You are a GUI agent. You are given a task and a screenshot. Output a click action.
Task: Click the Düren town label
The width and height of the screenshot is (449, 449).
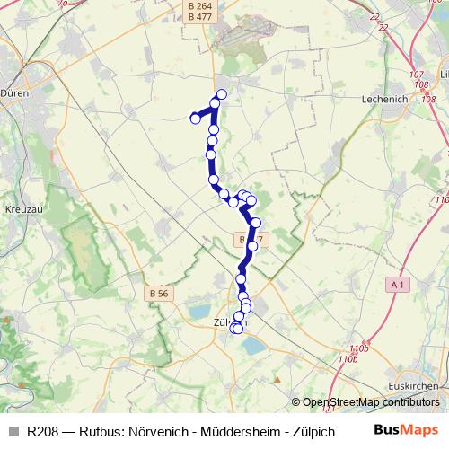[15, 92]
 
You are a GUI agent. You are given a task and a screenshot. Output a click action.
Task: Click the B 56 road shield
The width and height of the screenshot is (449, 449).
[159, 294]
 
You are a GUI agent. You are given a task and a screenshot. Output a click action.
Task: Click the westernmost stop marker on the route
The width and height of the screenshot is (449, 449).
[194, 118]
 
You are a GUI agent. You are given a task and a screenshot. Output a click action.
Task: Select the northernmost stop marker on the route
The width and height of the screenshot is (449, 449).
[221, 94]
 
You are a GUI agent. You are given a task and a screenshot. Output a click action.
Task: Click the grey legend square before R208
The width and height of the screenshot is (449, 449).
[12, 430]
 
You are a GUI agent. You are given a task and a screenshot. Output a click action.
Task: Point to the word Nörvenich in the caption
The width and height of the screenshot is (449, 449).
[156, 430]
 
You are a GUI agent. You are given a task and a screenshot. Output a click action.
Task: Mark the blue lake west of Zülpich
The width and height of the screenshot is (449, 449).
[198, 312]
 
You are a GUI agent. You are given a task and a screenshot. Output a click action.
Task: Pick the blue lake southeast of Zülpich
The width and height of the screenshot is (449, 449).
[255, 344]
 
